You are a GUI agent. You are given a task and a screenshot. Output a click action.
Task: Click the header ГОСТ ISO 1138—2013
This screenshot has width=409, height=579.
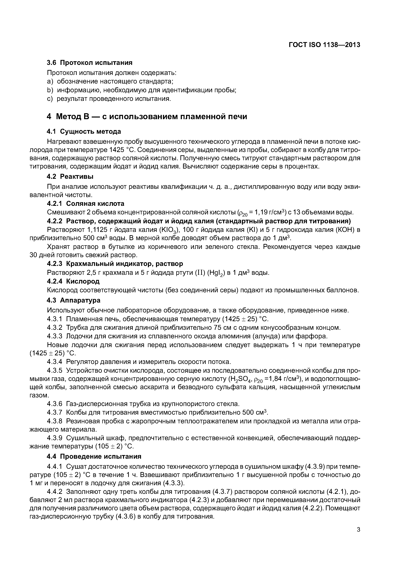pyautogui.click(x=324, y=45)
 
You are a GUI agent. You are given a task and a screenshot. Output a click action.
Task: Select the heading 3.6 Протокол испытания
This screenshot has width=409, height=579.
pyautogui.click(x=90, y=63)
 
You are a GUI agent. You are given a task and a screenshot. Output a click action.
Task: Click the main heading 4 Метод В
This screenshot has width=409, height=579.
pyautogui.click(x=147, y=117)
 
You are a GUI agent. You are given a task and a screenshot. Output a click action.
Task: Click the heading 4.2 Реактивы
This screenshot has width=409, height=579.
pyautogui.click(x=70, y=177)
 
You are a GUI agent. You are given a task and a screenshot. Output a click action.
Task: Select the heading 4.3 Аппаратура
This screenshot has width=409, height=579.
pyautogui.click(x=74, y=300)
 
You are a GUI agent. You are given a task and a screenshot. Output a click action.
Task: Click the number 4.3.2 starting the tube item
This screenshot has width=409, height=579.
pyautogui.click(x=54, y=328)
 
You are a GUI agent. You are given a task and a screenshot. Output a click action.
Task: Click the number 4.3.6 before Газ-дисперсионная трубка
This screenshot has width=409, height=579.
pyautogui.click(x=54, y=404)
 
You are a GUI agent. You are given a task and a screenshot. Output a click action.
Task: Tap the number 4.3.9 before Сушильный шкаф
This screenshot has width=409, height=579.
pyautogui.click(x=54, y=438)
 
